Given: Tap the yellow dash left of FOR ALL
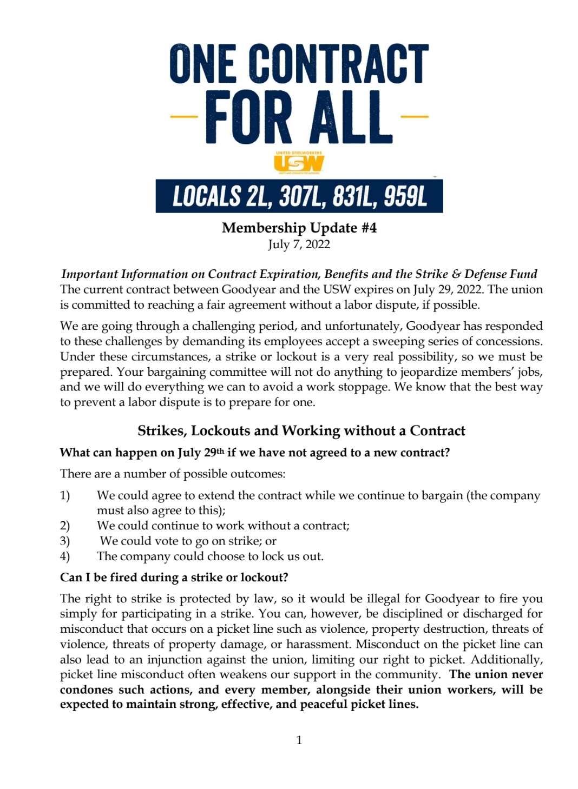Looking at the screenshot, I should coord(183,116).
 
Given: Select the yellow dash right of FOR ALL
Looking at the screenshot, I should coord(415,116).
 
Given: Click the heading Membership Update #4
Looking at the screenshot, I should coord(299,228).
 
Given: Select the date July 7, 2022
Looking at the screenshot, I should coord(299,244).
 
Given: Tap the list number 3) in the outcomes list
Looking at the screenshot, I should coord(65,541).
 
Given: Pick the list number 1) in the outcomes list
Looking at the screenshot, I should coord(65,495).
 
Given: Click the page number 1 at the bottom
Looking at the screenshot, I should coord(299,740).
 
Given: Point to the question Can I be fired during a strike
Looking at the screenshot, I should coord(174,577).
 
